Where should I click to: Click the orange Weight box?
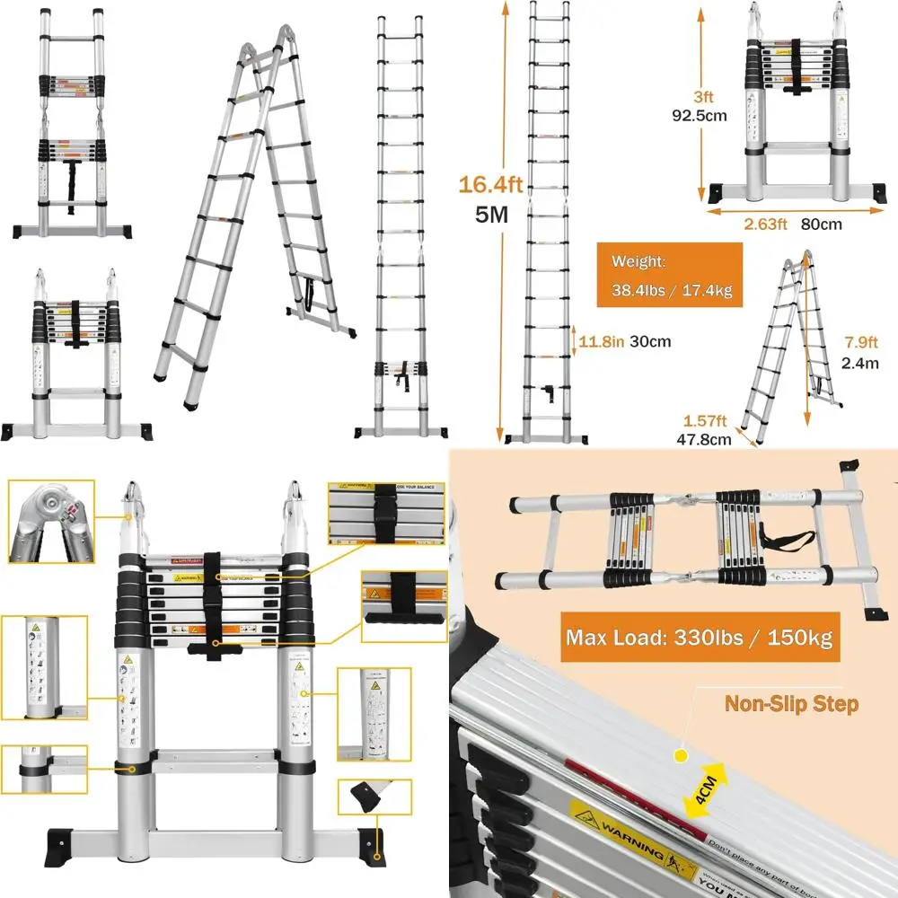point(669,276)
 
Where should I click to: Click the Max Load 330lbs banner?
point(700,638)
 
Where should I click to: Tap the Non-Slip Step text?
point(790,703)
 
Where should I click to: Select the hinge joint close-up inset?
point(50,522)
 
